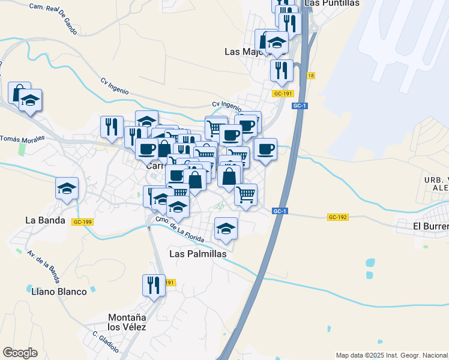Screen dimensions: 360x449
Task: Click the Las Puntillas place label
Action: click(332, 3)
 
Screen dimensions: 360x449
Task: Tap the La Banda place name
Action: click(45, 220)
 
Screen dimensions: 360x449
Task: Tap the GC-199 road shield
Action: click(82, 221)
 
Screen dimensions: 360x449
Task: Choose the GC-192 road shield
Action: click(338, 217)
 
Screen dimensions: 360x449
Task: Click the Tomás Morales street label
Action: click(22, 139)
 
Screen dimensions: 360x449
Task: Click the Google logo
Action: click(20, 353)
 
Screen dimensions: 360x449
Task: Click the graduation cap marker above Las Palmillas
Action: click(226, 229)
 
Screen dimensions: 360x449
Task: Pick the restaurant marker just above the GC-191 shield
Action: click(281, 70)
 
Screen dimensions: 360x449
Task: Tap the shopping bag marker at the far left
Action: click(19, 92)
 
